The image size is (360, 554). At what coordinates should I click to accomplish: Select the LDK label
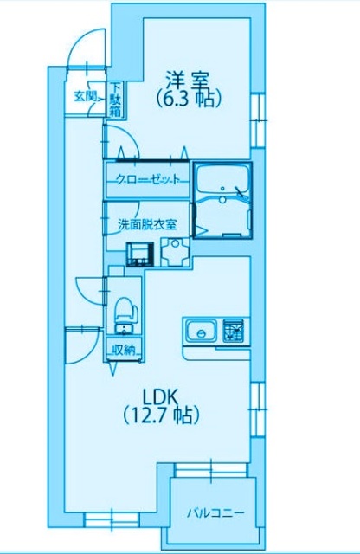point(161,396)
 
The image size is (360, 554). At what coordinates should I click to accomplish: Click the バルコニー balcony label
point(215,513)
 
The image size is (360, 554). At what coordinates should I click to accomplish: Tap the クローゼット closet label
point(147,180)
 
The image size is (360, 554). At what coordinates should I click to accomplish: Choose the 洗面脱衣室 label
point(148,223)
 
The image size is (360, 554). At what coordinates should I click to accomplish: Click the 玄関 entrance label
point(85,95)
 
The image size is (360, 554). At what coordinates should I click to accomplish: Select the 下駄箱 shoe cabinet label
point(116,95)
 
